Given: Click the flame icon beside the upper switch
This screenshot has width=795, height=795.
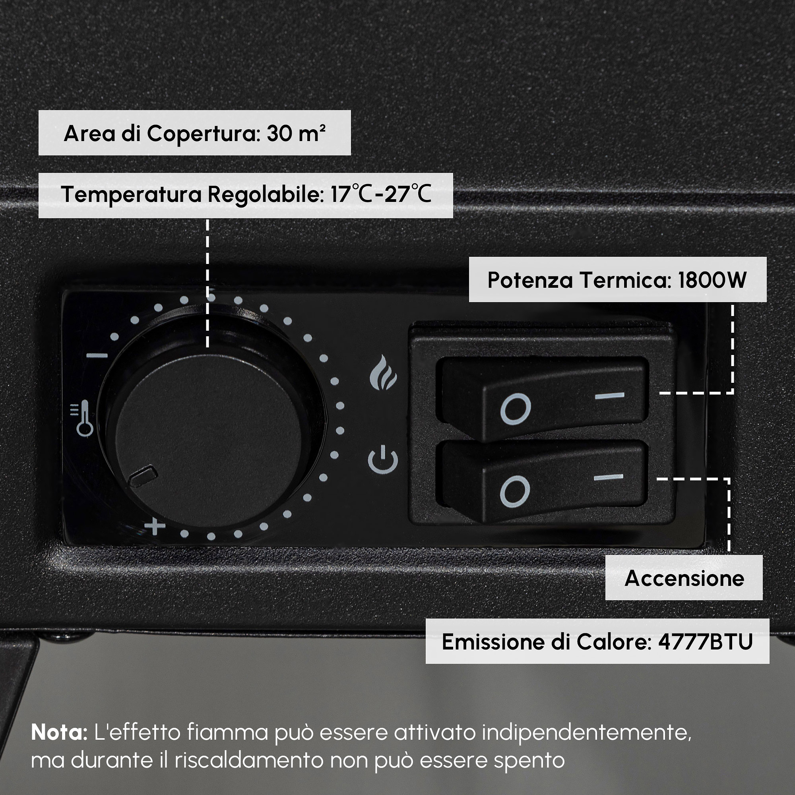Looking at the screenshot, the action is click(x=383, y=372).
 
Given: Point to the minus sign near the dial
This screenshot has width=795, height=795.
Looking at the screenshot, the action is click(x=97, y=356).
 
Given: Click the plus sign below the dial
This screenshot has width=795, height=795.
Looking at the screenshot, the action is click(x=155, y=526).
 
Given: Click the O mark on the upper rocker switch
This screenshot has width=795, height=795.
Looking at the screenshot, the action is click(x=515, y=409).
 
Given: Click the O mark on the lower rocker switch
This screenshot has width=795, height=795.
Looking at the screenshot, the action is click(x=515, y=491).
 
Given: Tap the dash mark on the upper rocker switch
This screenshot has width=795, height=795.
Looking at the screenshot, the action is click(x=609, y=396).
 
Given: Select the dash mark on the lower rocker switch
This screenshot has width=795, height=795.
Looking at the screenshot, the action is click(x=609, y=477).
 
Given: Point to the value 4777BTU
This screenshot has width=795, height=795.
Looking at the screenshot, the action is click(x=705, y=642).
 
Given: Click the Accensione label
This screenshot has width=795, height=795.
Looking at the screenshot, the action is click(x=684, y=578).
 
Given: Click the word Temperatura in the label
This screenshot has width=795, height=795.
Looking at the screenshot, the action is click(x=131, y=194).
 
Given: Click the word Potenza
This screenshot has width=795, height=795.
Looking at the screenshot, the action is click(x=530, y=280).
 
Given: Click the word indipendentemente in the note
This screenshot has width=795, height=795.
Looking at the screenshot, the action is click(x=587, y=733).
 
